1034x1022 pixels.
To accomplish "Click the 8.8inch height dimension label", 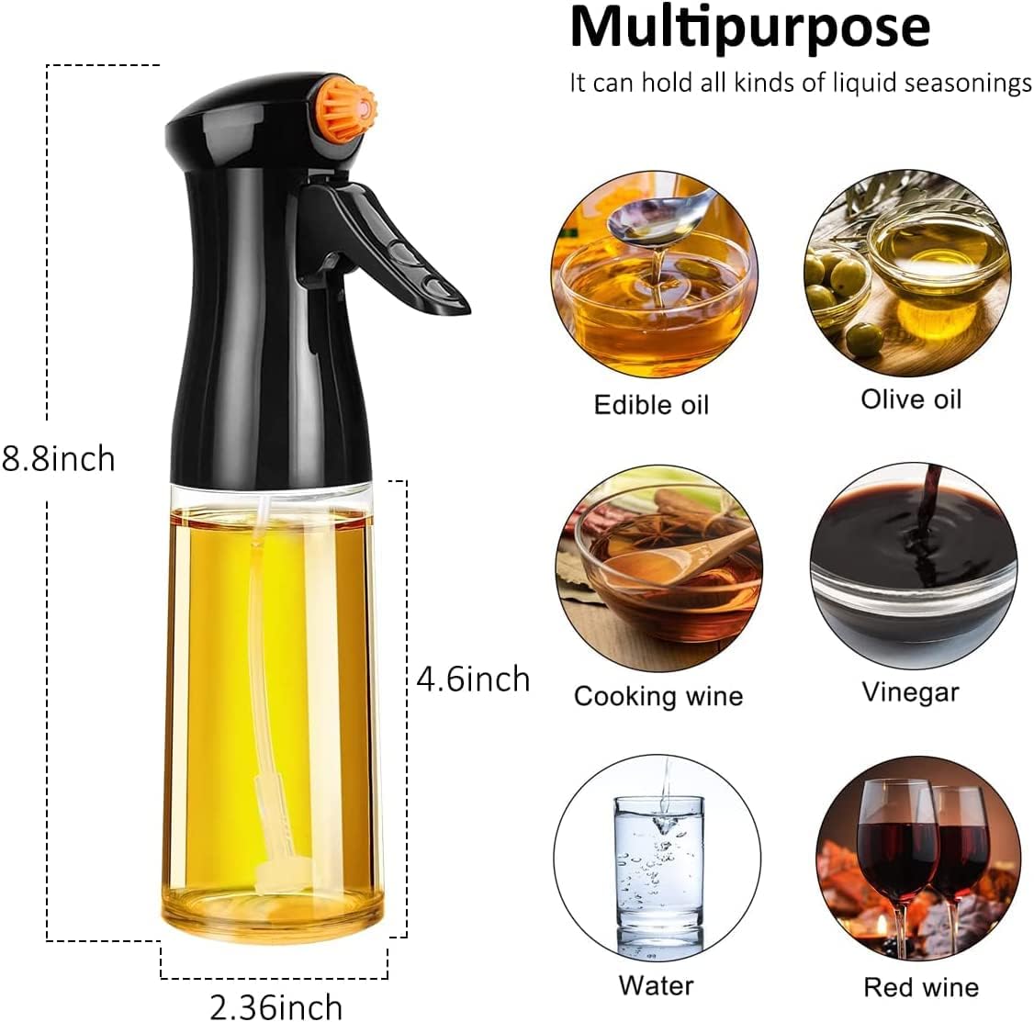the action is [58, 459].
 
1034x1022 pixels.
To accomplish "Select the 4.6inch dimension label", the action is [474, 679].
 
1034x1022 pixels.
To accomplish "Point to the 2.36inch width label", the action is [276, 1006].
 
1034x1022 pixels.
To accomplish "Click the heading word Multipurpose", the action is [749, 28].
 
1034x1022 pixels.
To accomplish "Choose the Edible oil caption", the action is [651, 404].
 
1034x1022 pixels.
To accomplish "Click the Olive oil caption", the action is [911, 399].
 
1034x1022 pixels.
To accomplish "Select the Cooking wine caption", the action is [658, 696].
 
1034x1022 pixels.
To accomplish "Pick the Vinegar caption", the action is [910, 692].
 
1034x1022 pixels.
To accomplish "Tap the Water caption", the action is [657, 986].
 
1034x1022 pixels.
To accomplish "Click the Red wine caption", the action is [921, 987].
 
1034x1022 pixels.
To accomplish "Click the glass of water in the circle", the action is [658, 870].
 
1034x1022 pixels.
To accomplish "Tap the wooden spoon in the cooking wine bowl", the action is [686, 554].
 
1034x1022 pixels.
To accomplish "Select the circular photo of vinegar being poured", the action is [914, 567].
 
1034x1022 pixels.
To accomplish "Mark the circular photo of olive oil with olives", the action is [907, 273].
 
